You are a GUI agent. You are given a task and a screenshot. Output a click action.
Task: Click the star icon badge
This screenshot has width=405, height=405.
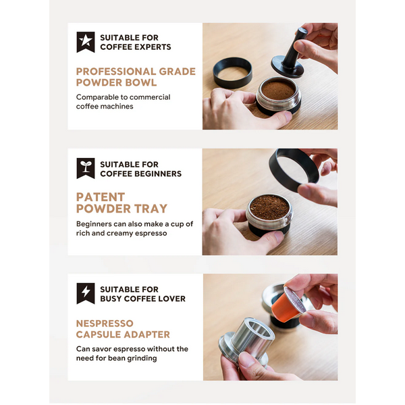[86, 42]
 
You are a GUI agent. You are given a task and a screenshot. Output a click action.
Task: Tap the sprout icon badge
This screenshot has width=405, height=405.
[86, 168]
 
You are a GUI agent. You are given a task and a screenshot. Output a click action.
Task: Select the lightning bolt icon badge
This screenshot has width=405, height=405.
[86, 293]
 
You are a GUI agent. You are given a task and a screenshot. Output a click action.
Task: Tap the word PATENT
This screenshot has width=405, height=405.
[101, 197]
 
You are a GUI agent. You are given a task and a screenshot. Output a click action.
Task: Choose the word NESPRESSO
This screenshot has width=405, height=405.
[105, 323]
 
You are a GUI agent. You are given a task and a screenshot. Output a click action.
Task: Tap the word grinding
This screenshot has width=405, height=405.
[144, 358]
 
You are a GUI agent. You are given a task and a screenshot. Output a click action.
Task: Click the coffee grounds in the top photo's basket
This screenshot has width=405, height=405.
[278, 90]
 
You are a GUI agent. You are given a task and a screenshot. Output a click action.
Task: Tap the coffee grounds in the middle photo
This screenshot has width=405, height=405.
[269, 207]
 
